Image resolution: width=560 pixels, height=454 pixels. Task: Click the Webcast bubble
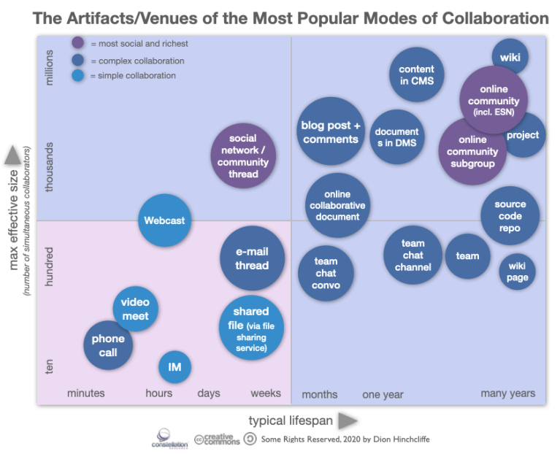[x=164, y=220]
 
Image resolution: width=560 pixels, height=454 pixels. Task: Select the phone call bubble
[x=108, y=345]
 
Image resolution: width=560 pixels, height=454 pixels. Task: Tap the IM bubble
[x=174, y=367]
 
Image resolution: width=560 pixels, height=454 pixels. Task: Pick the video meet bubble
[x=135, y=309]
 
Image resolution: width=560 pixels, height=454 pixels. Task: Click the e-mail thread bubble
[x=252, y=258]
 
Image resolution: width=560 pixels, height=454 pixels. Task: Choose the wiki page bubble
[x=517, y=272]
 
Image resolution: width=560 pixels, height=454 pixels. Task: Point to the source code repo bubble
[x=510, y=217]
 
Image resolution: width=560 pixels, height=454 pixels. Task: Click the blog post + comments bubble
[x=331, y=132]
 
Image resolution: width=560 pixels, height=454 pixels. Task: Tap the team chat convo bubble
[x=326, y=273]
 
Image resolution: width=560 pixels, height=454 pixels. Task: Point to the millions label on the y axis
[x=50, y=67]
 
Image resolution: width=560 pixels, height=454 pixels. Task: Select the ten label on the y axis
[x=50, y=366]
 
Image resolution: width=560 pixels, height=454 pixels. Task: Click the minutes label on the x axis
[x=86, y=393]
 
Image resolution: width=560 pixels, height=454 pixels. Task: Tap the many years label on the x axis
[x=507, y=393]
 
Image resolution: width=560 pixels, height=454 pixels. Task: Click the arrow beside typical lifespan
[x=348, y=420]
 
